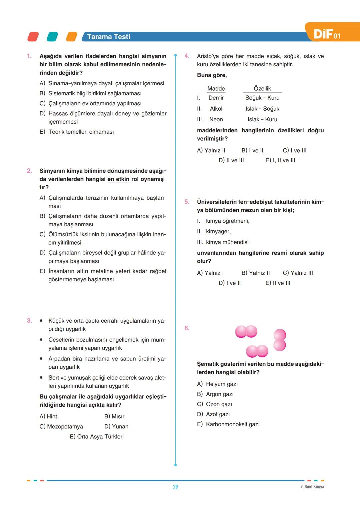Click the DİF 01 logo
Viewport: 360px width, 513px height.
[327, 34]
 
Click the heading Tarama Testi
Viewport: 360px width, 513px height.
[108, 37]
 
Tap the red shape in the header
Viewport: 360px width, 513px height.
[33, 37]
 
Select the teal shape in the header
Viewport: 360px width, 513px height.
[52, 37]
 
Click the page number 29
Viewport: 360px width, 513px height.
[175, 487]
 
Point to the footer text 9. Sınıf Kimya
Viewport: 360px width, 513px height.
[312, 487]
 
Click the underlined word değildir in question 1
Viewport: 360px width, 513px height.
[69, 73]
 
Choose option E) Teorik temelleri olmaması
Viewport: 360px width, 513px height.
[77, 132]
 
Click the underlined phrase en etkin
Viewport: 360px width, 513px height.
[118, 179]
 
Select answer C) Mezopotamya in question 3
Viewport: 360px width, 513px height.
[61, 427]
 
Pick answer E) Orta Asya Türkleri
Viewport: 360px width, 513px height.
[97, 437]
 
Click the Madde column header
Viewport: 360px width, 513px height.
[216, 89]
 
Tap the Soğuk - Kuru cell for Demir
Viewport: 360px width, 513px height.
[262, 98]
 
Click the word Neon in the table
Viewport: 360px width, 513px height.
[216, 120]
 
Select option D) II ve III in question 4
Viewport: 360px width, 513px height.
[231, 161]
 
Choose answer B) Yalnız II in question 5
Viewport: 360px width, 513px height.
[256, 273]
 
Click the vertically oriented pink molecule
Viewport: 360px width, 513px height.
[280, 340]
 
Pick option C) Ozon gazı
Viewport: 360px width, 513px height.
[215, 404]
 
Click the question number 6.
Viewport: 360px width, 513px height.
[187, 328]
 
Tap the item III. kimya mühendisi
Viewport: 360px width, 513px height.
[223, 242]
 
